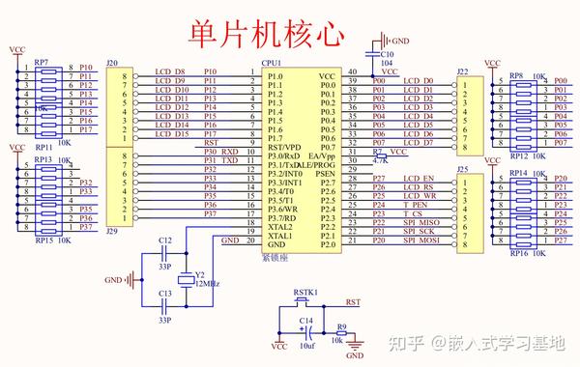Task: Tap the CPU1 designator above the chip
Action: coord(271,63)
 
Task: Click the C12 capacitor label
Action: coord(165,239)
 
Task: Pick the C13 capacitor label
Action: coord(165,292)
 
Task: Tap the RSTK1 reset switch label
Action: coord(305,291)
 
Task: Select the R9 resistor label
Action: coord(341,328)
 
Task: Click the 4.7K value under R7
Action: coord(380,161)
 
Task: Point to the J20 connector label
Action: coord(112,63)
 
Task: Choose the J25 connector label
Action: coord(462,170)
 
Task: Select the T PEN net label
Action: coord(415,205)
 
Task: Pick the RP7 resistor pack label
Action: coord(42,63)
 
